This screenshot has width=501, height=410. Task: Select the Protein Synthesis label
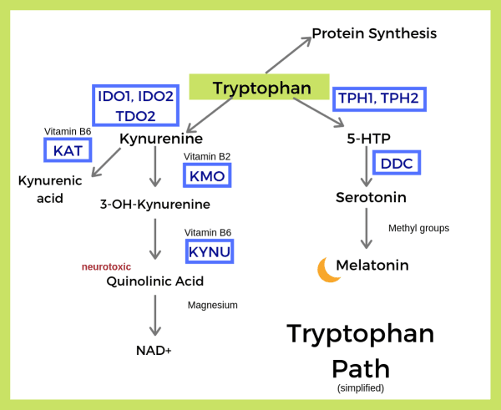tap(374, 34)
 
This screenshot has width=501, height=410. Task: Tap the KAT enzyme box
tap(68, 150)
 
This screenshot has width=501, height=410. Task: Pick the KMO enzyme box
tap(206, 175)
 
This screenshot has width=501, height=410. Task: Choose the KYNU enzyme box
tap(209, 251)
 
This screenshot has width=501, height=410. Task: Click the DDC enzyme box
tap(397, 164)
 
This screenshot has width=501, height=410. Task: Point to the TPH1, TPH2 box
tap(378, 99)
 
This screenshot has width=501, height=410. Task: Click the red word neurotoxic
tap(106, 267)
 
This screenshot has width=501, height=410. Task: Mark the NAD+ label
tap(154, 350)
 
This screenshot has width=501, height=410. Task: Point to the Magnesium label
tap(212, 306)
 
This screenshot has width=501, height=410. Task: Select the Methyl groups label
tap(418, 228)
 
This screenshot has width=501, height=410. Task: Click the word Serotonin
tap(371, 198)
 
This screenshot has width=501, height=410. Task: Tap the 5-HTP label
tap(368, 139)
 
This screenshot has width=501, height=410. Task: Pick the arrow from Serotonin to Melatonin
tap(366, 228)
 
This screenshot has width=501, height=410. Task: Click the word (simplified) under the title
tap(360, 388)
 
